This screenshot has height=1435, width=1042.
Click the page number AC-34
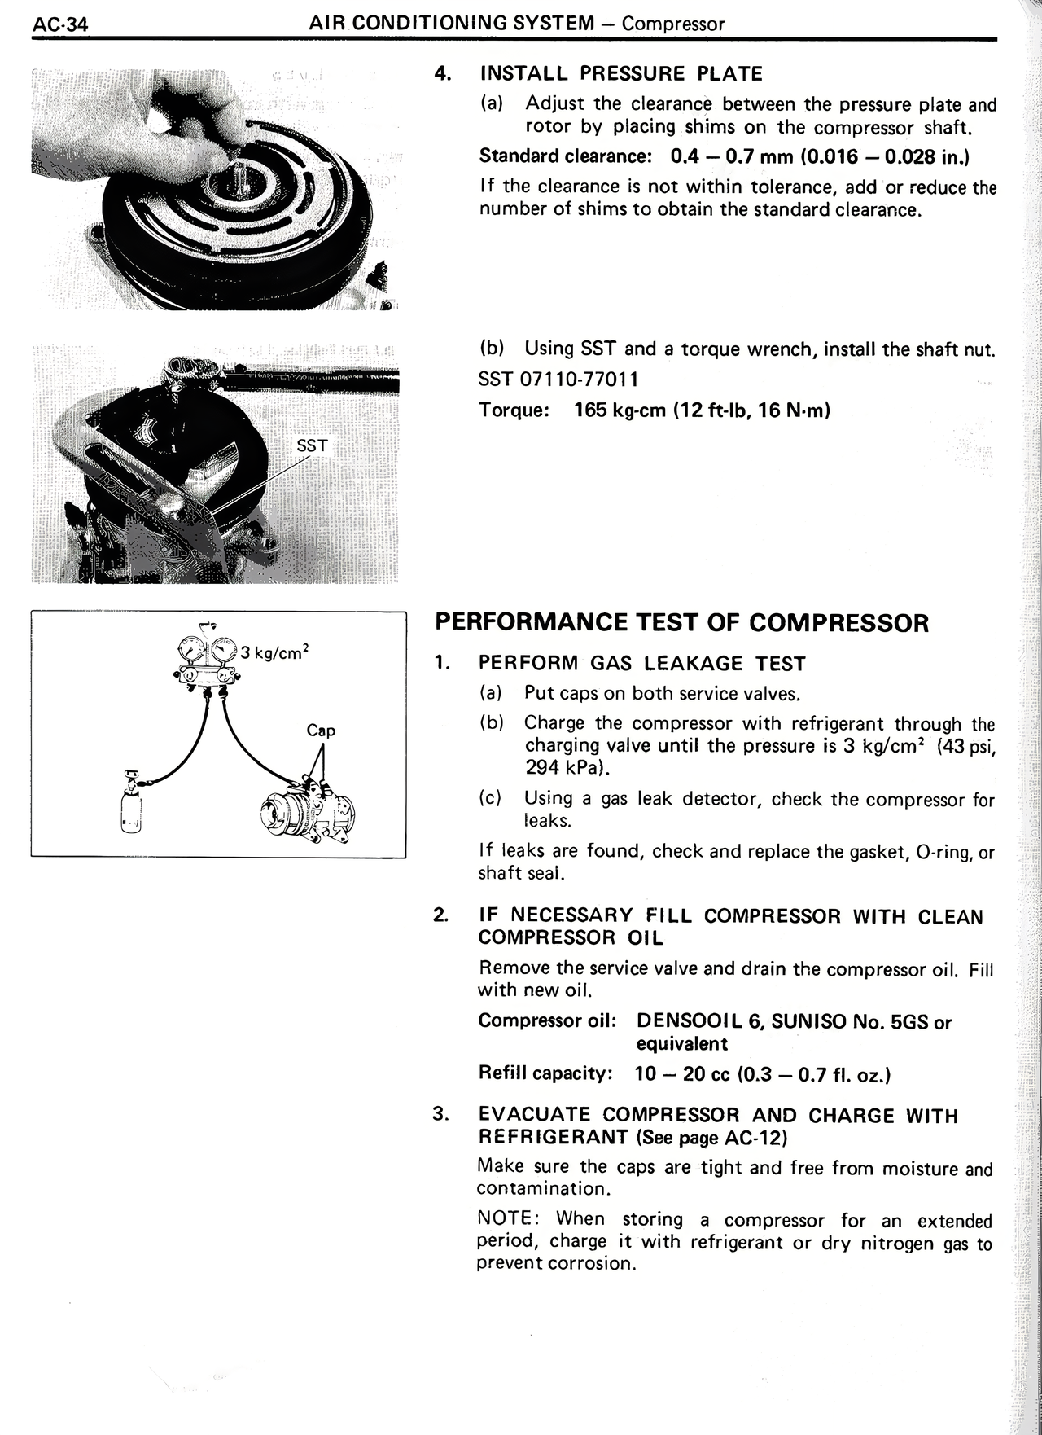[x=60, y=24]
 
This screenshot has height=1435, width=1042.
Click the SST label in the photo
[x=312, y=445]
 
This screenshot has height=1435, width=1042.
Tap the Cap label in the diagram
[x=321, y=731]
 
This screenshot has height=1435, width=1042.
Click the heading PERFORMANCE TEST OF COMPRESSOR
[x=681, y=623]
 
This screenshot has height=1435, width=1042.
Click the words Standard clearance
[x=563, y=156]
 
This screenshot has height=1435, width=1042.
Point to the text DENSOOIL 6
[x=698, y=1021]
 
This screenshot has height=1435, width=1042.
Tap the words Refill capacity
[x=545, y=1073]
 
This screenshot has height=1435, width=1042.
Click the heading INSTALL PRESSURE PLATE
[x=621, y=74]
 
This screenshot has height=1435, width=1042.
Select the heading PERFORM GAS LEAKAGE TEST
[x=641, y=664]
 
